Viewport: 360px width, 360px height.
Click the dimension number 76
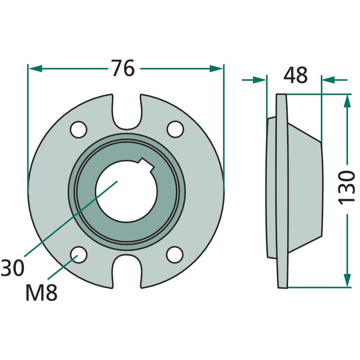coord(123,68)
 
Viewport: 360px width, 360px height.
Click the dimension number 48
coord(295,75)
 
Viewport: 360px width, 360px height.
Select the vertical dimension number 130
coord(346,187)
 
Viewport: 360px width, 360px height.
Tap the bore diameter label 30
coord(13,268)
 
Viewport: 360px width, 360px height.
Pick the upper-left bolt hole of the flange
coord(79,130)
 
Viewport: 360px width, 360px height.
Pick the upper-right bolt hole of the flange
coord(175,129)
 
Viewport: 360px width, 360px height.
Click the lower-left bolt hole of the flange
coord(79,255)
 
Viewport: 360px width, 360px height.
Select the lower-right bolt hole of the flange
coord(175,255)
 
